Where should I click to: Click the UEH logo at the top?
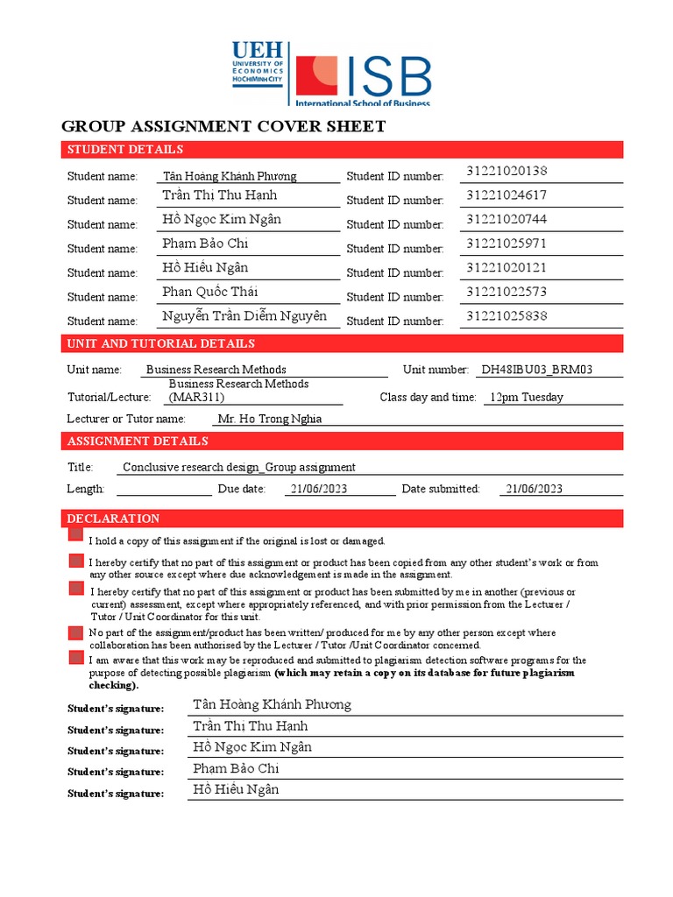pos(258,63)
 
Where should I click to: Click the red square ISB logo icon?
pos(316,76)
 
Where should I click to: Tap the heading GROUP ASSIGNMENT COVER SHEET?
pos(223,127)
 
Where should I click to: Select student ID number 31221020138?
pos(507,171)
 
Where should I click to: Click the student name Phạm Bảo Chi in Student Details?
pos(205,244)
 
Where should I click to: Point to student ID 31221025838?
pos(507,315)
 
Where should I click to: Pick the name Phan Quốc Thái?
pos(209,292)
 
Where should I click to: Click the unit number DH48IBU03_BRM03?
pos(536,370)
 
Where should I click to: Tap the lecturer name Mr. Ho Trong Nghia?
pos(269,419)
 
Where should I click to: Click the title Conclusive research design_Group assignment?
pos(239,467)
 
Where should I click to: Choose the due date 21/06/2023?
pos(316,489)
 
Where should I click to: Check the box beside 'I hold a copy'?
pos(76,534)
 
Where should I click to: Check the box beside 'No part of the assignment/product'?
pos(76,632)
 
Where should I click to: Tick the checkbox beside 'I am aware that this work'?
pos(76,657)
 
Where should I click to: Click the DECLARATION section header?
pos(113,519)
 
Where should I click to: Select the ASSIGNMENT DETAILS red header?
pos(138,441)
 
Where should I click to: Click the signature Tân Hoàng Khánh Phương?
pos(272,704)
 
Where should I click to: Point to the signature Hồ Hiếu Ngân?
pos(236,789)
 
